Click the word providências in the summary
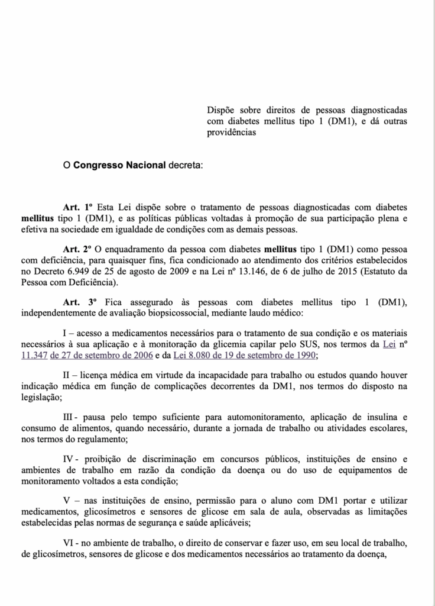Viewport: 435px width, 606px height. click(231, 133)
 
